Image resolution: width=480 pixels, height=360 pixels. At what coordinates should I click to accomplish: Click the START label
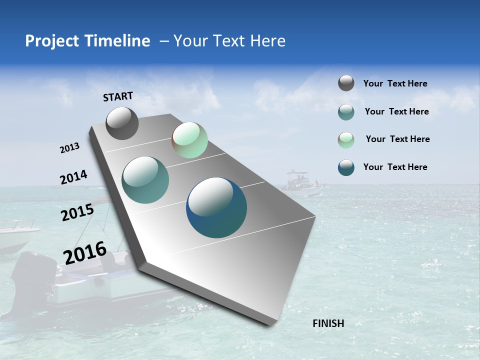coord(118,96)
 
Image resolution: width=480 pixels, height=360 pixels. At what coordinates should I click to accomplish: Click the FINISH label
coord(328,323)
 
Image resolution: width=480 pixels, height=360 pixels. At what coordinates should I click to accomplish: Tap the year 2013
coord(69,148)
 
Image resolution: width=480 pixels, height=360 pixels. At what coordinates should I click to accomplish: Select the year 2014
coord(73,177)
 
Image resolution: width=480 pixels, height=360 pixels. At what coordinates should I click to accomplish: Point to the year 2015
coord(77,212)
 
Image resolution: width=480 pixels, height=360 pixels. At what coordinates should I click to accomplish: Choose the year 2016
coord(85,253)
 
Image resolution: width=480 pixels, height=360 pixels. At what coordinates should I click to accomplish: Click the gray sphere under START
coord(122,123)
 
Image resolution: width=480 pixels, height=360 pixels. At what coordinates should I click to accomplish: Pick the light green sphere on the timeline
coord(189,140)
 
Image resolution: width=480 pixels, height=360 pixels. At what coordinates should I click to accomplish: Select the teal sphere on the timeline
coord(145,180)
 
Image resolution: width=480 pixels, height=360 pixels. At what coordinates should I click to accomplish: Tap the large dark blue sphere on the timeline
coord(216,207)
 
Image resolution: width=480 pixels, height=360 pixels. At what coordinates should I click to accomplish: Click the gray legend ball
coord(346,83)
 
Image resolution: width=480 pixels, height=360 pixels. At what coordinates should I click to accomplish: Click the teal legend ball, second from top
coord(346,112)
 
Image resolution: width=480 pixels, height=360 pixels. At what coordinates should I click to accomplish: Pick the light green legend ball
coord(346,140)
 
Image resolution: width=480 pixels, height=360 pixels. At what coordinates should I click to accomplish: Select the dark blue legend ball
coord(346,167)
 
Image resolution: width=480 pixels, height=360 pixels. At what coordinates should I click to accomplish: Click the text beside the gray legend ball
coord(395,83)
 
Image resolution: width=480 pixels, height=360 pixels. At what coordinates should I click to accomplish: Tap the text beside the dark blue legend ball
coord(395,167)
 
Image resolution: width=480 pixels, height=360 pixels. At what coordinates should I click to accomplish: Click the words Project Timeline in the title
coord(87,41)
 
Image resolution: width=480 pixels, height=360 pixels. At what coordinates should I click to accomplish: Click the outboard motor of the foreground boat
coord(30,280)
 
